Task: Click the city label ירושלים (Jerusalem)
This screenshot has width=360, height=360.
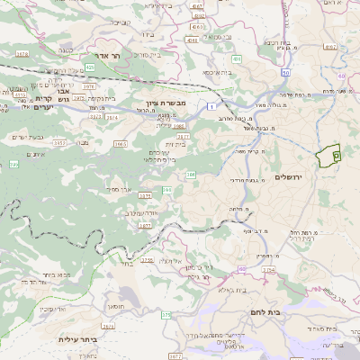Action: (290, 177)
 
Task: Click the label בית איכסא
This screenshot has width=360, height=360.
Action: (219, 71)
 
